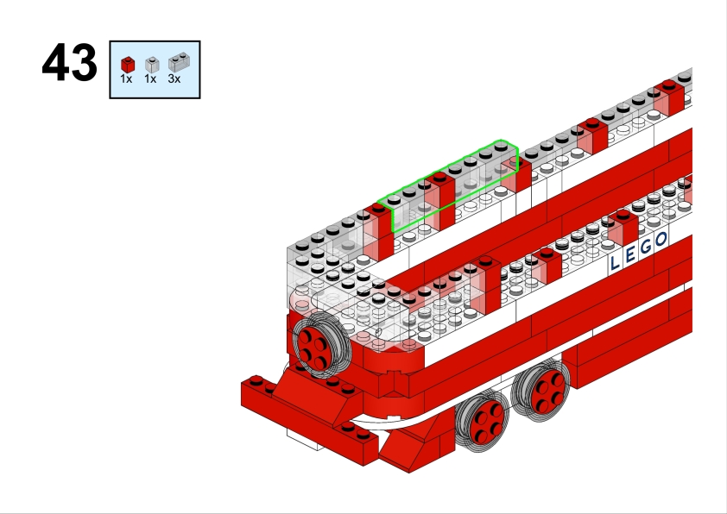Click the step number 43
point(70,62)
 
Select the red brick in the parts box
point(128,65)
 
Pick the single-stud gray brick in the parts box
point(152,65)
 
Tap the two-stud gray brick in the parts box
point(179,62)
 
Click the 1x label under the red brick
point(126,79)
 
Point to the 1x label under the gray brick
point(150,79)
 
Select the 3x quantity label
point(174,79)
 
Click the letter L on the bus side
point(615,262)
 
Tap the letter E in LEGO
point(630,254)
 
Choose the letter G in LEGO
point(646,248)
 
